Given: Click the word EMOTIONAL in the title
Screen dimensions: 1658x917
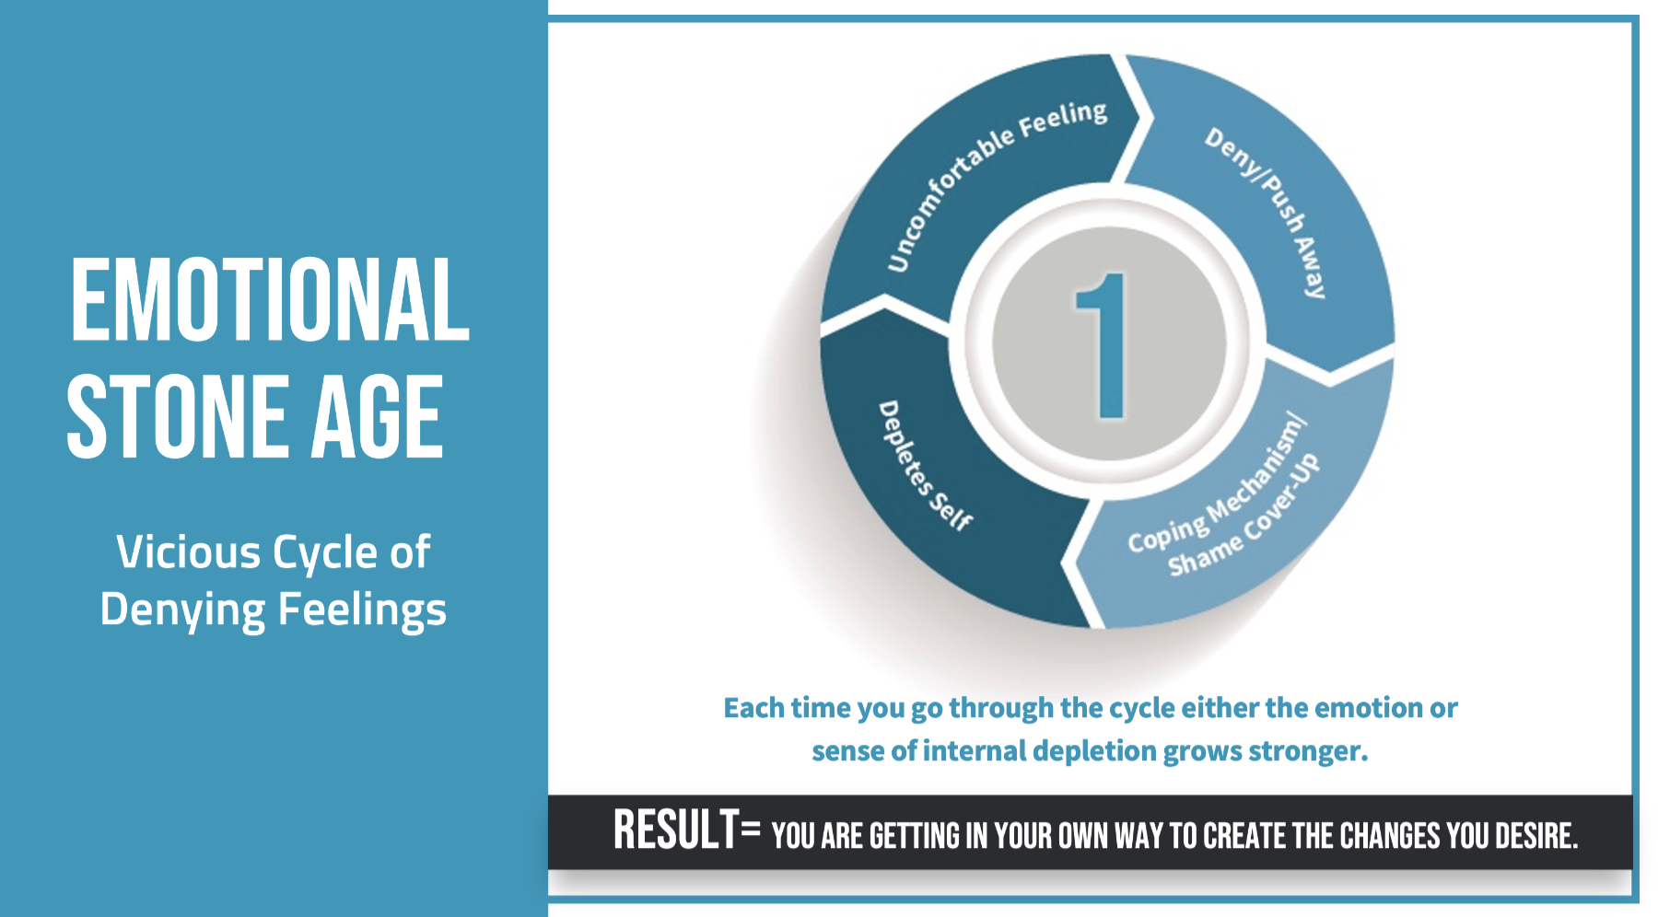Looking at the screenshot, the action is (270, 299).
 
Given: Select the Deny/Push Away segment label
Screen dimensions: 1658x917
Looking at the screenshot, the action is (1269, 212).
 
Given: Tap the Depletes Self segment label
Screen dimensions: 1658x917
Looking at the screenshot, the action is (924, 466).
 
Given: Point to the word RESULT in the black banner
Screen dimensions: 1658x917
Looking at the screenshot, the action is (676, 830).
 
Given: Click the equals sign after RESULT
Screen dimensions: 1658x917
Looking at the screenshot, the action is (751, 831).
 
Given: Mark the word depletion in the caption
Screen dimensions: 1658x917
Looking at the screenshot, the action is (1094, 752).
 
